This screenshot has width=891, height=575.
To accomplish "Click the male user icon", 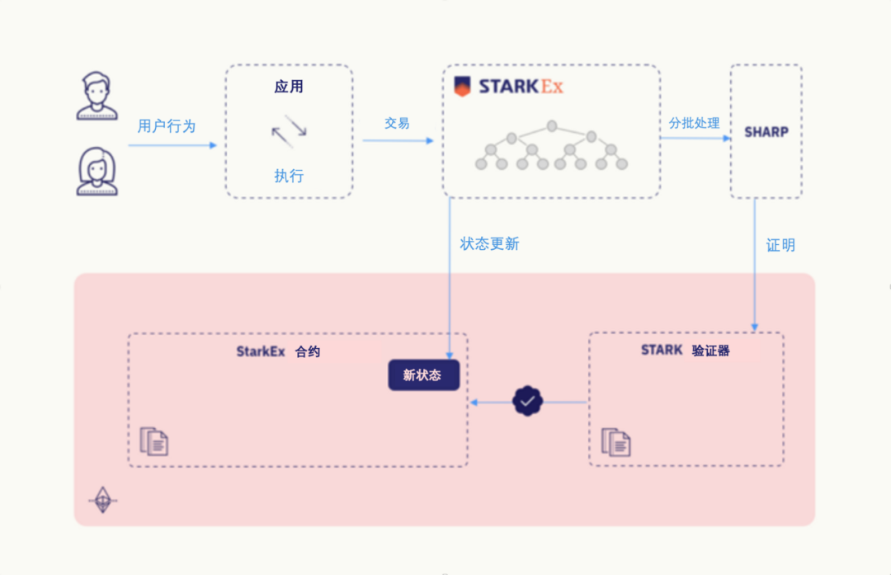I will point(97,96).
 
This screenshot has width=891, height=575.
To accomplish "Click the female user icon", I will point(97,171).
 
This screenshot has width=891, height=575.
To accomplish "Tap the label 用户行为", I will point(167,126).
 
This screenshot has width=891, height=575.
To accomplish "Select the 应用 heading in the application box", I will point(289,87).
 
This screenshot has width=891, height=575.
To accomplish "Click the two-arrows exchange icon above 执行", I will point(289,130).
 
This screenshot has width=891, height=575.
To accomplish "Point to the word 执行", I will point(289,176).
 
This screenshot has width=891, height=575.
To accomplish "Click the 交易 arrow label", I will point(397,123).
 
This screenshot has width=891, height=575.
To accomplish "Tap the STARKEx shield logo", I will point(463,87).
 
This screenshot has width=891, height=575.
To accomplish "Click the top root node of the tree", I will point(552,126).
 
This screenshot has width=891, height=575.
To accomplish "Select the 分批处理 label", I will point(695,123).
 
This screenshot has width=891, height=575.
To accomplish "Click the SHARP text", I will point(766,132).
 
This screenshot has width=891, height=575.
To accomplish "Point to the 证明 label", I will point(780,245).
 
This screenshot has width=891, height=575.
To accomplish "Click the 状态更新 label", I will point(490,244).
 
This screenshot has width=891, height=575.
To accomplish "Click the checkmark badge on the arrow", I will point(528,402).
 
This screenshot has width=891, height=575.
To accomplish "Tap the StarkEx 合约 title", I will point(278,351).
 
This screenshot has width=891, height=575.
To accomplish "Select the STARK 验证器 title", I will point(686,351).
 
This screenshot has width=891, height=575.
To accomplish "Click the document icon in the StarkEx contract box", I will point(154,441).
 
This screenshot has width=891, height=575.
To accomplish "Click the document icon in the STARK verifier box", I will point(615,441).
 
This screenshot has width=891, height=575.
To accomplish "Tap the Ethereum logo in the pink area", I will point(102,500).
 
